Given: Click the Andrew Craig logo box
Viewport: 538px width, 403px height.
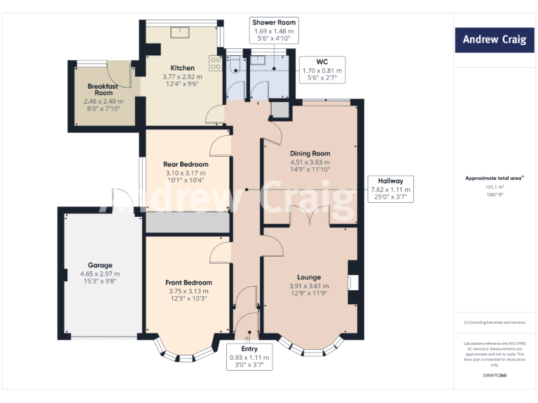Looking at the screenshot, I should tap(492, 40).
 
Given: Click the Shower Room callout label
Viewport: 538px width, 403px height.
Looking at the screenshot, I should tap(275, 32).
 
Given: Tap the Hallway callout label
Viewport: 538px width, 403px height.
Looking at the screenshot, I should tap(391, 189).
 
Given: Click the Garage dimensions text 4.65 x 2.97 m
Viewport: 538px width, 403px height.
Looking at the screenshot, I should tap(100, 274).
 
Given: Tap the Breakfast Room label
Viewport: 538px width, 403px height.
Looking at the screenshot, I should tap(104, 89).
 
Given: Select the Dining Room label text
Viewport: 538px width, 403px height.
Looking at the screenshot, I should tap(310, 153).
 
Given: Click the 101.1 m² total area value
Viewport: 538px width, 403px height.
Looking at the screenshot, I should tap(495, 187).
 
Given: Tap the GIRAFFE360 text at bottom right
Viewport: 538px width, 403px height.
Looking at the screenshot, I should tap(495, 376).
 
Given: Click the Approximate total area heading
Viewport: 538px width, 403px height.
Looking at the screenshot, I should tap(495, 178).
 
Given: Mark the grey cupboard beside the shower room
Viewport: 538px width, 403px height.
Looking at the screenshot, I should tap(280, 110).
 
